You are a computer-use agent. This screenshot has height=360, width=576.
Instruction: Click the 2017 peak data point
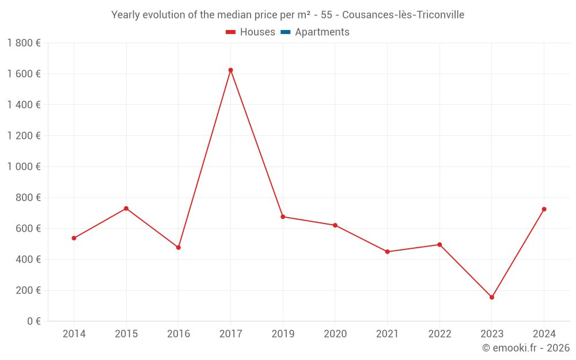230,70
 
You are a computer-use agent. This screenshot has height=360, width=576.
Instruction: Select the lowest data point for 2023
491,297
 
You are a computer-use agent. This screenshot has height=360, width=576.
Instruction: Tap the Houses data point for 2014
74,238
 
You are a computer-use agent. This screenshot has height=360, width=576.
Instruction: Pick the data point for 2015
126,209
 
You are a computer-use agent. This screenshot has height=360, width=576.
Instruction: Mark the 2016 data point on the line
179,248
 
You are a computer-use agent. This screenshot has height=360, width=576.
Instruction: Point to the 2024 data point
544,209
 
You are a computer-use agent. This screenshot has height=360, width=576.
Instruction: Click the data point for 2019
283,217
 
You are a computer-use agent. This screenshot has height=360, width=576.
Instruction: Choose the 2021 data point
387,252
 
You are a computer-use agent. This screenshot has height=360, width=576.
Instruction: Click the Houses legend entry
251,32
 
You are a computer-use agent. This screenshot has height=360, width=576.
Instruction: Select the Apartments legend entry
315,32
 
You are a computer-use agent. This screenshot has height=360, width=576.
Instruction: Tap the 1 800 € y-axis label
24,43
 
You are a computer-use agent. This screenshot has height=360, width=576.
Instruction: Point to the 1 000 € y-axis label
24,166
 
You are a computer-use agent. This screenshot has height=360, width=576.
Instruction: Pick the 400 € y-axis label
28,259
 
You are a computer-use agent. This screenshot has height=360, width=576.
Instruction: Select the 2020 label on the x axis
335,334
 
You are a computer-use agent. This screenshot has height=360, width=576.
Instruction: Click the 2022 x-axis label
439,334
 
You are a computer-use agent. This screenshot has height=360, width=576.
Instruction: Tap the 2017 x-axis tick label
230,334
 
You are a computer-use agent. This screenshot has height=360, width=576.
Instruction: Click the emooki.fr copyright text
526,348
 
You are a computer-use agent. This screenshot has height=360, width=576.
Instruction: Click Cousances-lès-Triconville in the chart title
403,15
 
